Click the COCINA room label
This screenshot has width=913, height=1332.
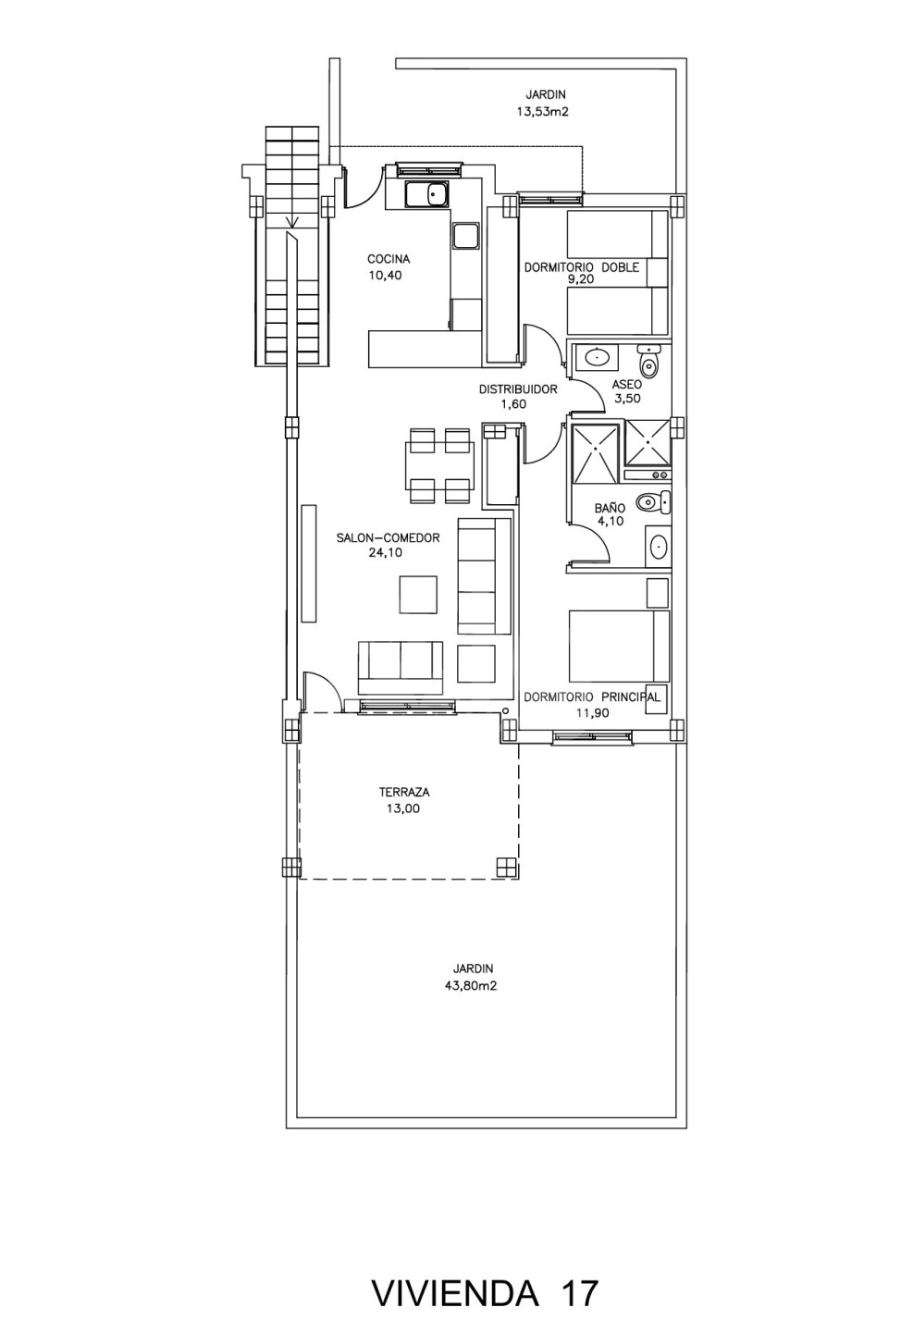coord(389,259)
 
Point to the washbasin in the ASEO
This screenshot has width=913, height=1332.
coord(596,357)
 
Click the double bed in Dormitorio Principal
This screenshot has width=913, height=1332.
coord(619,646)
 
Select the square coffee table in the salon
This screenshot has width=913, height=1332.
coord(419,595)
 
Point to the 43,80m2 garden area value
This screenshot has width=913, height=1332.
coord(471,986)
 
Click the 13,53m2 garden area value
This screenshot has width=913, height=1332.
coord(542,111)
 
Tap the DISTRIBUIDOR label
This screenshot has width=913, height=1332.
coord(518,389)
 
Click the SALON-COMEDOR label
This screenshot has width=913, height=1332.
coord(388,537)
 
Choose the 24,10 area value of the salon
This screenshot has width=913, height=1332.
coord(386,552)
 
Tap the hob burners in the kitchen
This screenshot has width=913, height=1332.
coord(465,236)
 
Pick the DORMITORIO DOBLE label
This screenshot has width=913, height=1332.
coord(581,267)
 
